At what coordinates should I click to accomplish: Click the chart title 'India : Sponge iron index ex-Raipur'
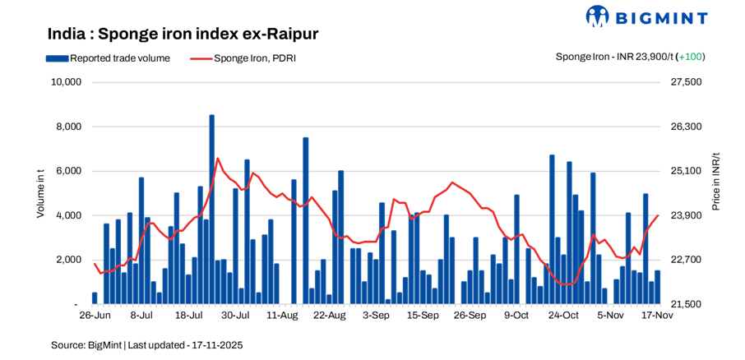click(183, 34)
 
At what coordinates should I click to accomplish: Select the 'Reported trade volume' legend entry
click(109, 58)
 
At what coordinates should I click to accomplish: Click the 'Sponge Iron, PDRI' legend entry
click(243, 58)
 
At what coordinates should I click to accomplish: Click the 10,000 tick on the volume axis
click(65, 82)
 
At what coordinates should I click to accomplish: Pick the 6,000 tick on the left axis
click(68, 171)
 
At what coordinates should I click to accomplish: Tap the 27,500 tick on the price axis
click(687, 82)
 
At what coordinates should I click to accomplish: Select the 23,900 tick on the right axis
click(687, 215)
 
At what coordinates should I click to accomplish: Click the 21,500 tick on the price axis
click(687, 304)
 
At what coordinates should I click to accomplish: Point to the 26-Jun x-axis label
click(95, 315)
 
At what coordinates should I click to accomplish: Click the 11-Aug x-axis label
click(282, 315)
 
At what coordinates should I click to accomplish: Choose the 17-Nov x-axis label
click(657, 315)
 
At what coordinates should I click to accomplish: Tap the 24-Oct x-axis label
click(563, 315)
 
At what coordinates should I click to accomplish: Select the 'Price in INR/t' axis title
click(716, 181)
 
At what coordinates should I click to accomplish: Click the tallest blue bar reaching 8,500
click(211, 205)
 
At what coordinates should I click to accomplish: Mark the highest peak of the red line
click(217, 159)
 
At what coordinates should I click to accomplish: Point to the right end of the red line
click(658, 215)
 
